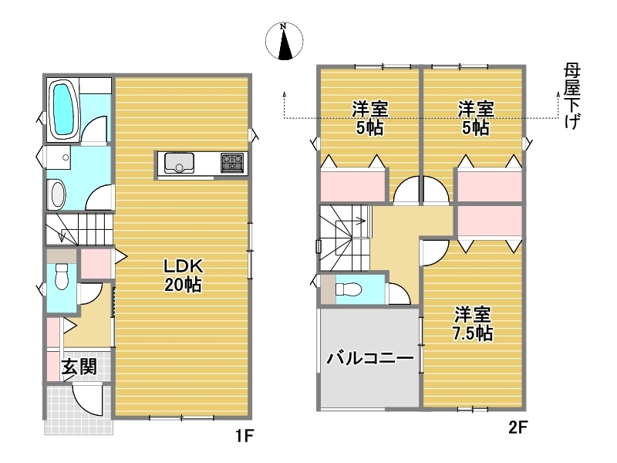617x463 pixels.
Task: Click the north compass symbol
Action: [284, 41]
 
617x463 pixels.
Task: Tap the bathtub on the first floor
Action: [63, 110]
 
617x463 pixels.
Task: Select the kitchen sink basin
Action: [179, 163]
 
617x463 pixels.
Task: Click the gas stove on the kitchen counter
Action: [232, 163]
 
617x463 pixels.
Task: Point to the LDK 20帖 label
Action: [184, 275]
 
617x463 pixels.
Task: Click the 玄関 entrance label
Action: [79, 367]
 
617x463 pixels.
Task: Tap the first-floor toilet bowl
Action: [62, 276]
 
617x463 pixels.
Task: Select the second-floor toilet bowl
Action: [349, 290]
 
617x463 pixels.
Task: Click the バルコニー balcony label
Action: [371, 359]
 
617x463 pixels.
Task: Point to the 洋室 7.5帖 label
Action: [472, 323]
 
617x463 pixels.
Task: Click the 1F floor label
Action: [244, 436]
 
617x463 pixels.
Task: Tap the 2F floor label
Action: [518, 428]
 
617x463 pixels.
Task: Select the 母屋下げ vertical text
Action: [571, 96]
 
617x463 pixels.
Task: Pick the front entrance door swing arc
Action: [87, 400]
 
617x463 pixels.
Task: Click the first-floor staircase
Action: [79, 228]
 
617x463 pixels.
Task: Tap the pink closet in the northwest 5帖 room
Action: [352, 185]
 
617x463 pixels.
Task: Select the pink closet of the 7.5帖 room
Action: [490, 220]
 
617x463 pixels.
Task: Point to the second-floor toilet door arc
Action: [400, 293]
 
